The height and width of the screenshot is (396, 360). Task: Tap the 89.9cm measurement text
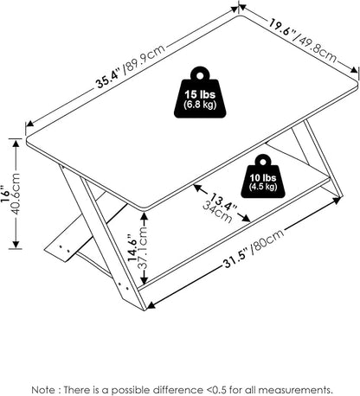(145, 60)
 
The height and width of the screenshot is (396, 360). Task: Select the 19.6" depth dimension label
(282, 27)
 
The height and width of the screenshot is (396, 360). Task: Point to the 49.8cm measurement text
(315, 47)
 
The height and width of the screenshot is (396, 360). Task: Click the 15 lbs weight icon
(200, 93)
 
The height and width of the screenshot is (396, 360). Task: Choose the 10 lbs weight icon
(263, 176)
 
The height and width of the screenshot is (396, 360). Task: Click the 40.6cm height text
(16, 194)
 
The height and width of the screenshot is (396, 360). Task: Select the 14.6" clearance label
(133, 248)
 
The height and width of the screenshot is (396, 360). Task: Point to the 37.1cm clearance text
(144, 248)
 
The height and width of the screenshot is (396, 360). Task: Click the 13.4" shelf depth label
(223, 201)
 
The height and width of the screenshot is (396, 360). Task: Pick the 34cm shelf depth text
(217, 213)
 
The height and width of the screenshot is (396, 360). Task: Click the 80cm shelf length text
(267, 241)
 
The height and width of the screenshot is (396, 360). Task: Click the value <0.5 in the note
(216, 390)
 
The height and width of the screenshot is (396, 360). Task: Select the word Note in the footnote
(43, 390)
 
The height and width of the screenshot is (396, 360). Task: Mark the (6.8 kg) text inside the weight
(200, 105)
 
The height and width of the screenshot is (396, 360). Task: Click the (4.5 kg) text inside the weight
(263, 187)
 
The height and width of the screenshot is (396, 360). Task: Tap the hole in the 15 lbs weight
(200, 75)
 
